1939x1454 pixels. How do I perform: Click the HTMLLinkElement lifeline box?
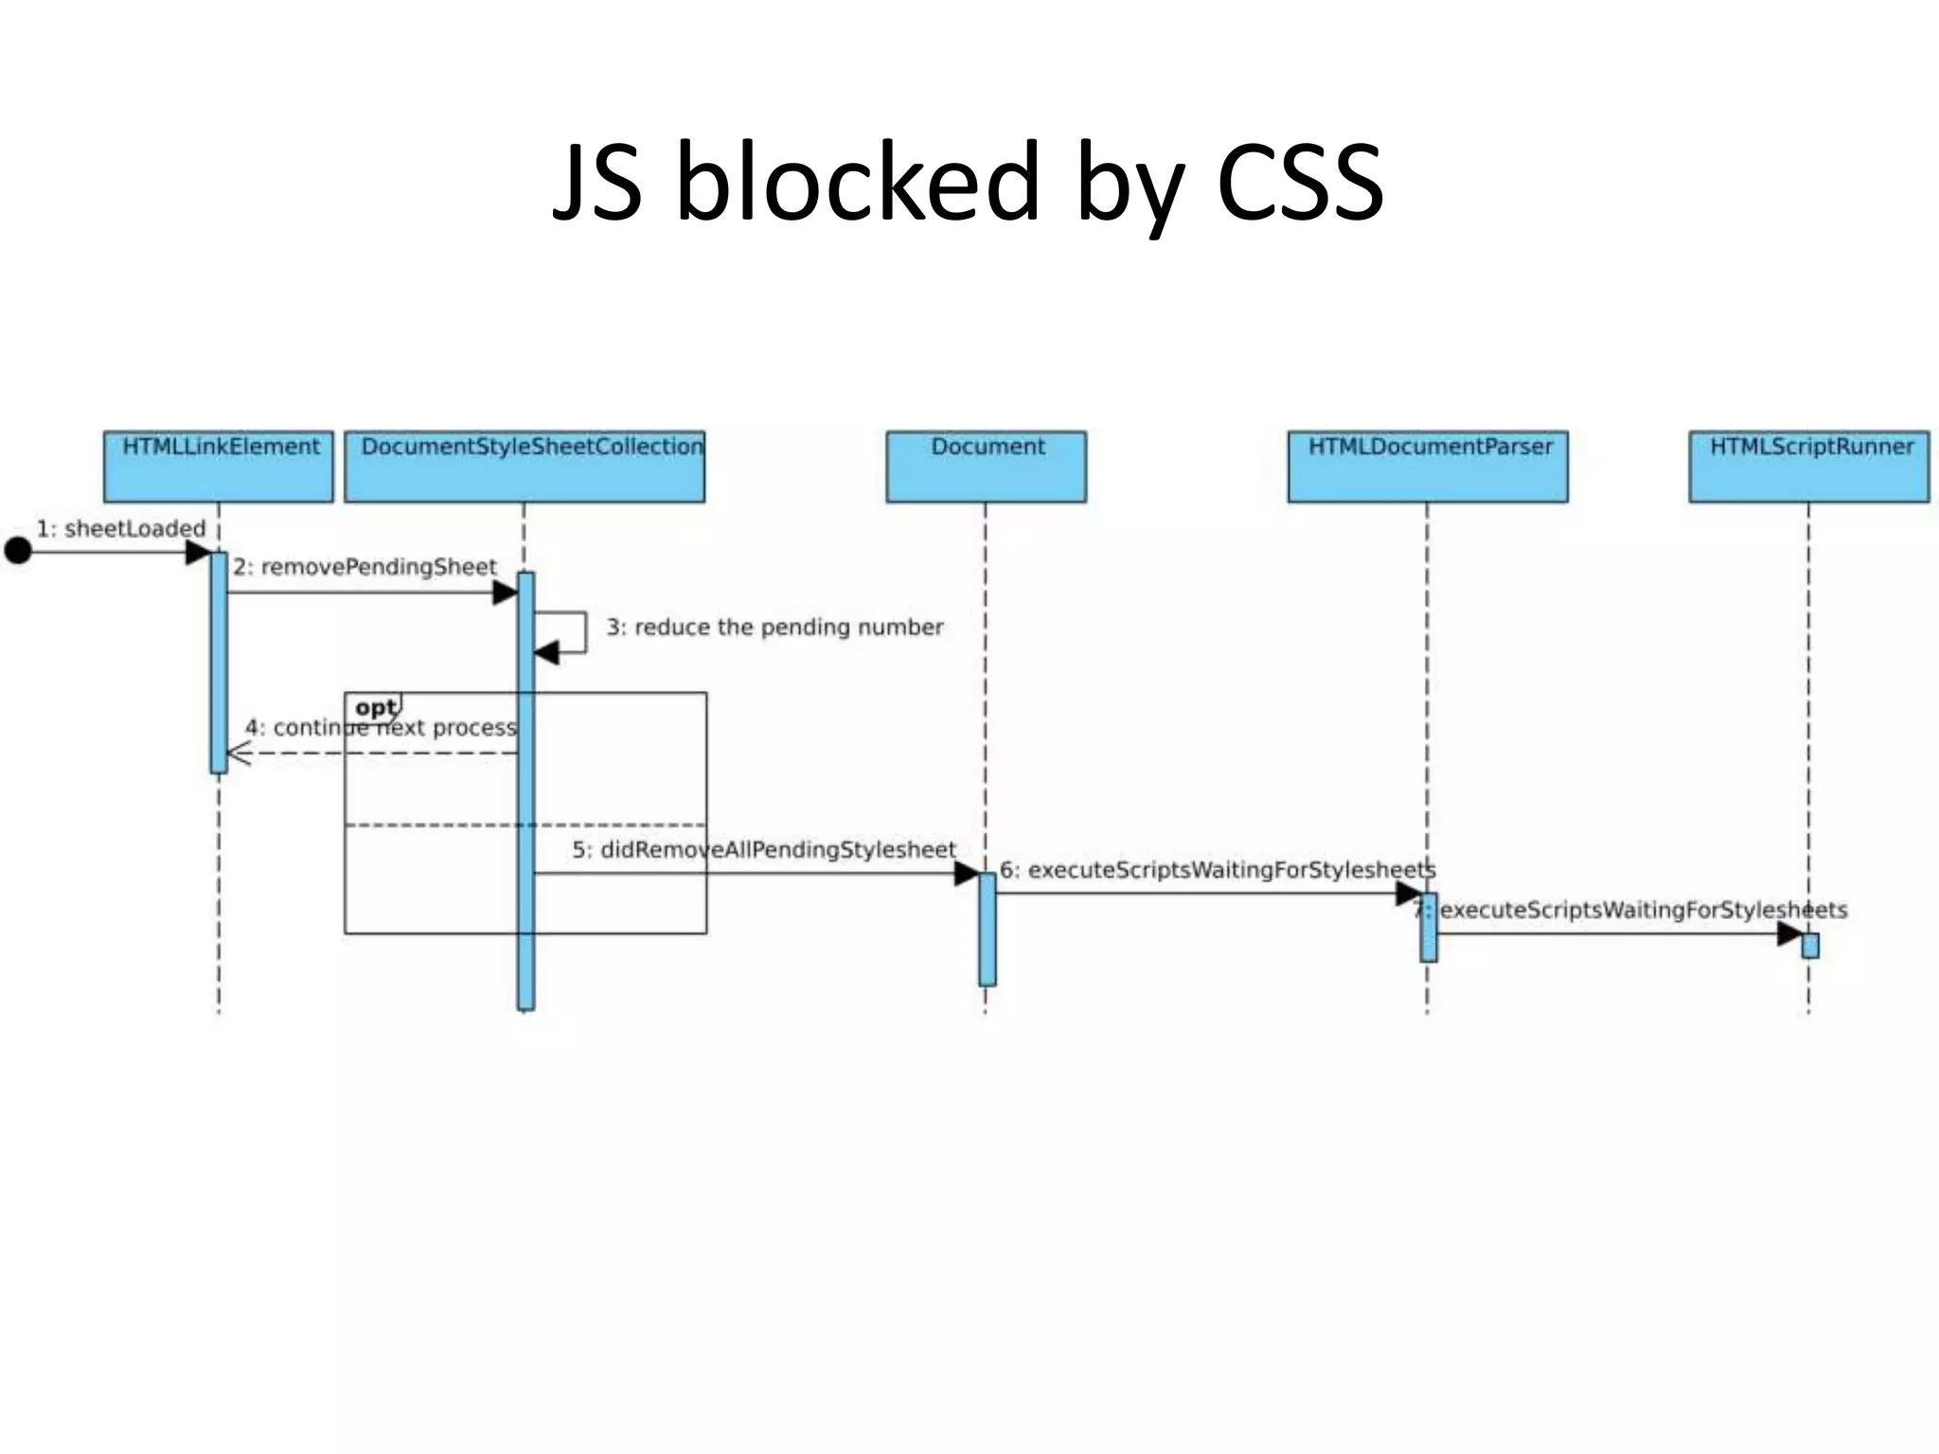tap(219, 466)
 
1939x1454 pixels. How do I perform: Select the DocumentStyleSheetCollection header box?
tap(525, 466)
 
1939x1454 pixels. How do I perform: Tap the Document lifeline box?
tap(986, 466)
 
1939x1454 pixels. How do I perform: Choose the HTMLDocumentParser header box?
tap(1428, 466)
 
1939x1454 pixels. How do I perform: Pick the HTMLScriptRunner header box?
tap(1808, 466)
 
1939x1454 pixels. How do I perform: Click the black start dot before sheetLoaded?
tap(18, 550)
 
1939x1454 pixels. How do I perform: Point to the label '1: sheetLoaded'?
tap(120, 528)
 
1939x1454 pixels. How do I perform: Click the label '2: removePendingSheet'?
tap(365, 567)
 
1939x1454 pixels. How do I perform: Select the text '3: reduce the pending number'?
tap(774, 627)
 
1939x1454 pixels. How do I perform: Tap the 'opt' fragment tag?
tap(375, 707)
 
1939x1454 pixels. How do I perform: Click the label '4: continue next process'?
tap(381, 727)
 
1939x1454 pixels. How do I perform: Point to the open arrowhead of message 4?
tap(238, 754)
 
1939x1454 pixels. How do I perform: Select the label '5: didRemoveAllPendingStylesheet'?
tap(763, 849)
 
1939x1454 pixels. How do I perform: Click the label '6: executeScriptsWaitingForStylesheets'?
tap(1218, 869)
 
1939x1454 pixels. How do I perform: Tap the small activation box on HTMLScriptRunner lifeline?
tap(1809, 946)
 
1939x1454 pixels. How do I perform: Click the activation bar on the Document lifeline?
tap(987, 929)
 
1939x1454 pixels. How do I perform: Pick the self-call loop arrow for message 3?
tap(568, 632)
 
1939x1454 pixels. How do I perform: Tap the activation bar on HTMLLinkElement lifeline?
tap(219, 663)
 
